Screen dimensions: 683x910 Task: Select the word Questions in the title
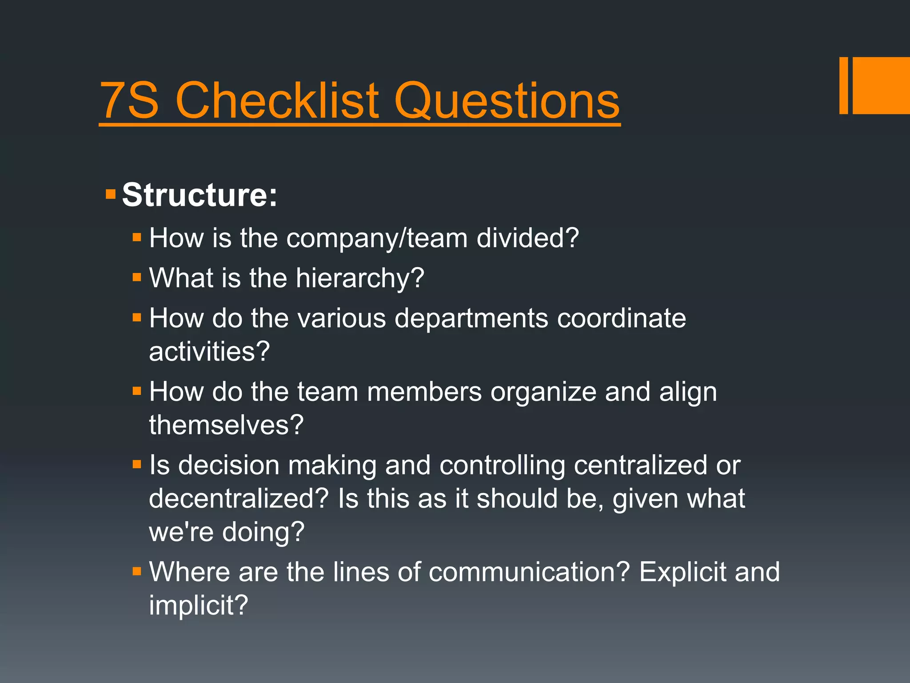click(507, 101)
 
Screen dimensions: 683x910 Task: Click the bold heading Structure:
click(200, 195)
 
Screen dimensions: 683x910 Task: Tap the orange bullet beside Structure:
click(111, 194)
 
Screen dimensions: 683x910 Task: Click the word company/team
click(377, 238)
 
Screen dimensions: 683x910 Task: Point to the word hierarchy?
click(360, 278)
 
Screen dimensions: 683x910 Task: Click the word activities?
click(209, 352)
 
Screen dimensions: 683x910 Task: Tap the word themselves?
click(226, 425)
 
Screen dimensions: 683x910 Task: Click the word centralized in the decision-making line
click(640, 465)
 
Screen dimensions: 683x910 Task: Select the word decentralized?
click(239, 498)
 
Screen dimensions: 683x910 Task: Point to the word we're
click(181, 532)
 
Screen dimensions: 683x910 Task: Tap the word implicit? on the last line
click(198, 605)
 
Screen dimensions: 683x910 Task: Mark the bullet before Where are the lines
click(137, 571)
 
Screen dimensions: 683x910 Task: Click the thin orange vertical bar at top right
click(843, 85)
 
